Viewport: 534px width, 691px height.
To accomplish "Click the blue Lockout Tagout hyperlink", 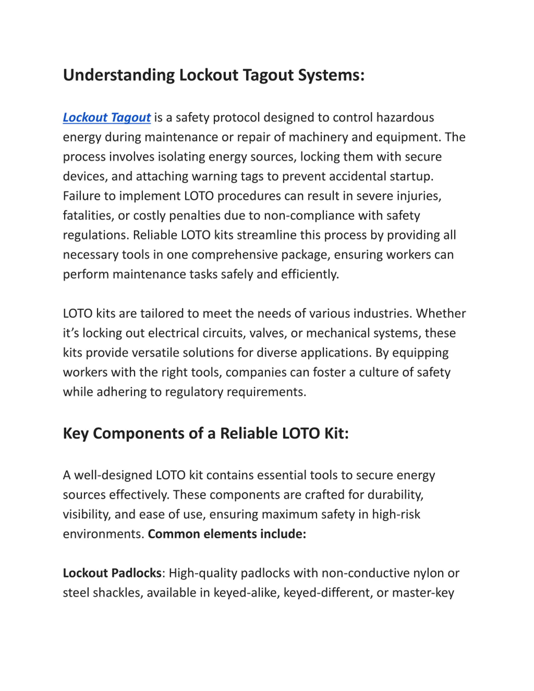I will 107,117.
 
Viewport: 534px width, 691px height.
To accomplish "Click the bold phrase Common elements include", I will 227,534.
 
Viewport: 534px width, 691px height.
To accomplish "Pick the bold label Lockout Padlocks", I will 112,573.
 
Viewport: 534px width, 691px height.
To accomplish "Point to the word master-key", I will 423,593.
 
